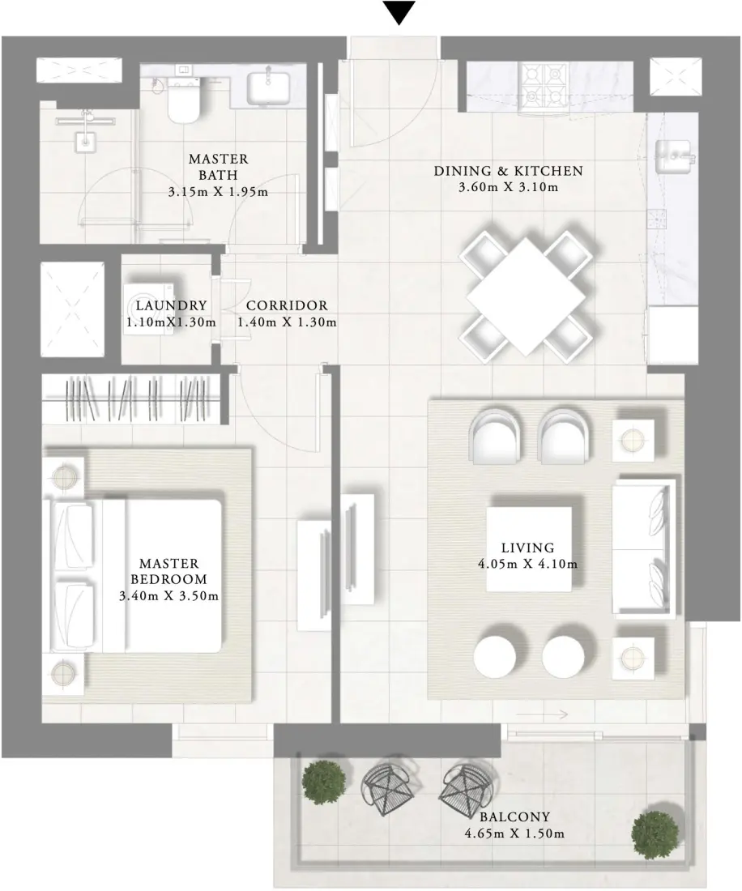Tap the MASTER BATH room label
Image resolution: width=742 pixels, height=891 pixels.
(218, 165)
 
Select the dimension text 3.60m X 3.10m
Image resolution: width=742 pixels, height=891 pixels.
(508, 187)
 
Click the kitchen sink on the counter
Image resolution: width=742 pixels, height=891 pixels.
(672, 154)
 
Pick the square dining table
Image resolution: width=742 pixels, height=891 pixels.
(526, 295)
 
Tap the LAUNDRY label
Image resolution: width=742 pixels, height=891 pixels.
(172, 305)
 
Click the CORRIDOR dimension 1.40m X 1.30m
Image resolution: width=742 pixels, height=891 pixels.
(287, 322)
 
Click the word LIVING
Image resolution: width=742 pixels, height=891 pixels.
(527, 548)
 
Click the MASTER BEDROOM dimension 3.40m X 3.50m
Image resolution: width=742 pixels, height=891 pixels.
(169, 595)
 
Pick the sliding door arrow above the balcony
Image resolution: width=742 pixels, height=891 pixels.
(542, 714)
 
